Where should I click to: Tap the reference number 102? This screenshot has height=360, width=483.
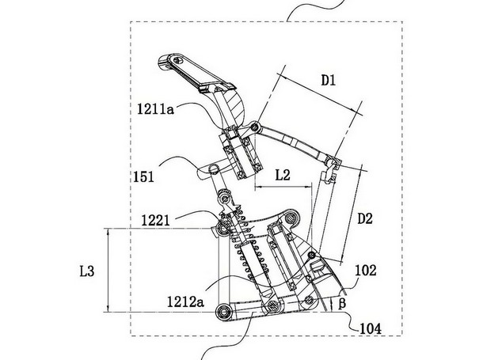[365, 270]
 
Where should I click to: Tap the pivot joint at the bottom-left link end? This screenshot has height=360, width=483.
[226, 311]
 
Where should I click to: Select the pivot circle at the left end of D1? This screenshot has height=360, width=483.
[256, 129]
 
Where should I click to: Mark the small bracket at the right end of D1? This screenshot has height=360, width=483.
[333, 165]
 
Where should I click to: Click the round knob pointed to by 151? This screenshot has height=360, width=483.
[215, 169]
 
